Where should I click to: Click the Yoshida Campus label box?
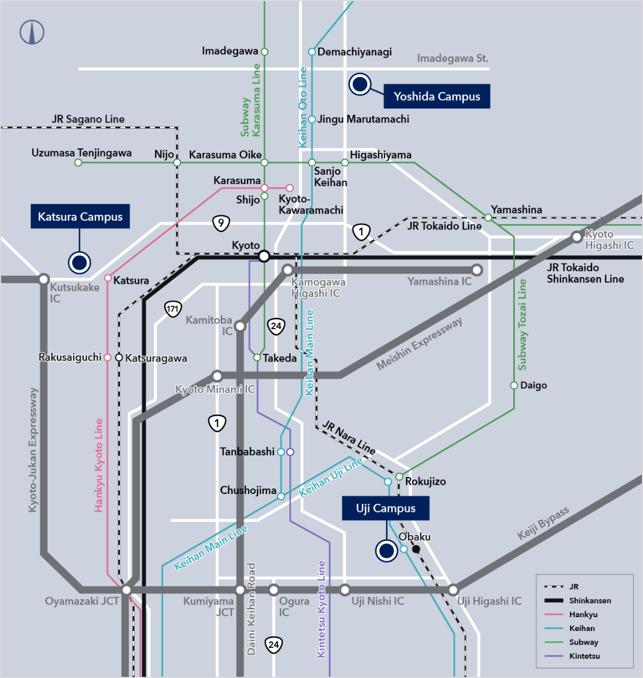click(x=437, y=96)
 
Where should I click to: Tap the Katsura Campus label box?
click(x=80, y=216)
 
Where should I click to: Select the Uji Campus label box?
click(x=386, y=508)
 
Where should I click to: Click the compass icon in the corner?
click(x=32, y=32)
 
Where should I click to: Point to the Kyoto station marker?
click(x=264, y=256)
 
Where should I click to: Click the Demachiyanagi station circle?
click(x=312, y=52)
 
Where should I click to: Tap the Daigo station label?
click(x=533, y=386)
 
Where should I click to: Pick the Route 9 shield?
click(x=221, y=223)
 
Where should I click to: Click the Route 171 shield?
click(x=173, y=309)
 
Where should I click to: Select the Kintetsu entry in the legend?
click(x=584, y=656)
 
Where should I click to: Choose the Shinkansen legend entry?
click(x=590, y=601)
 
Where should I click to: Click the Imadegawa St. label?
click(x=452, y=58)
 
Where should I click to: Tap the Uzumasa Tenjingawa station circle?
click(x=78, y=163)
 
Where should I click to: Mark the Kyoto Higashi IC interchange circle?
click(x=576, y=237)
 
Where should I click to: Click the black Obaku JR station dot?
click(x=416, y=549)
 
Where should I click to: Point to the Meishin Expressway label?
click(x=419, y=343)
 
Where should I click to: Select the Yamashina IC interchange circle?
click(x=477, y=270)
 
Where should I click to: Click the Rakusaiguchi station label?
click(x=70, y=357)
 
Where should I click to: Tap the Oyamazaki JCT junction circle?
click(x=127, y=590)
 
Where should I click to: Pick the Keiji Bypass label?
click(x=543, y=522)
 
